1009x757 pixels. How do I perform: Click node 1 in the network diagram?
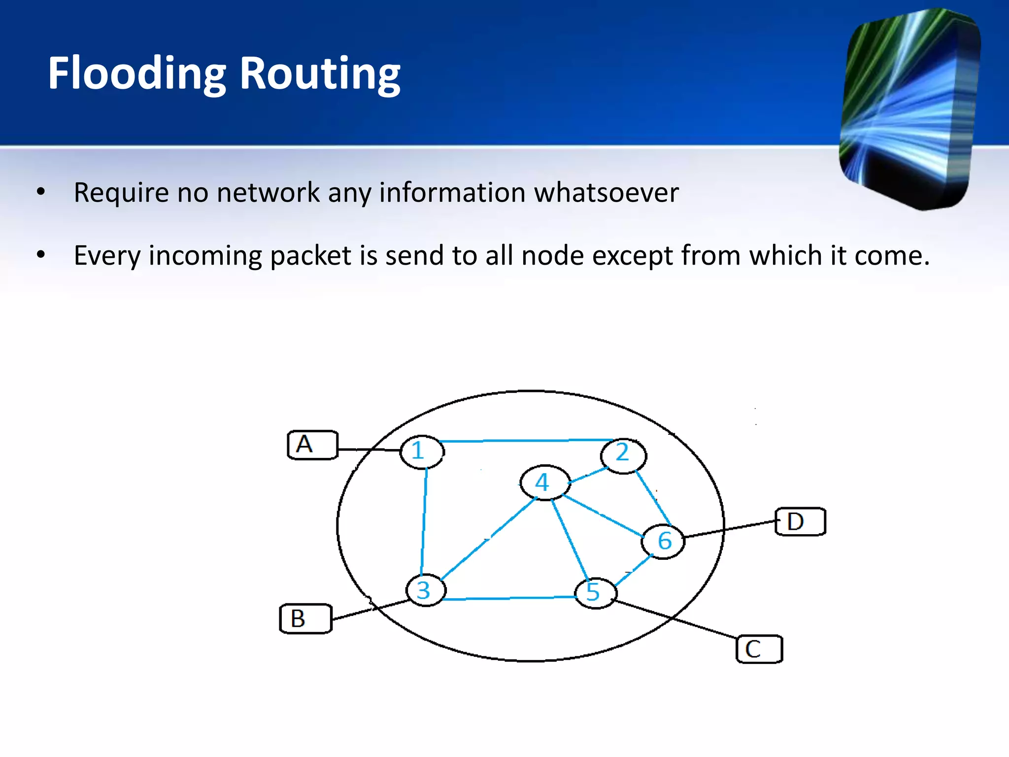422,451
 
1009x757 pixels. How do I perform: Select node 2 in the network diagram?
623,455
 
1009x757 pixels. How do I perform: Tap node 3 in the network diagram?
426,590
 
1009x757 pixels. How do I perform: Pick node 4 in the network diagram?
544,482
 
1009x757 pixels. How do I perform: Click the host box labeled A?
312,445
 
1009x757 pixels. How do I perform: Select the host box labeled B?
305,618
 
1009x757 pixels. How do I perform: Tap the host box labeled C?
759,649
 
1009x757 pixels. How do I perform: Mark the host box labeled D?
800,521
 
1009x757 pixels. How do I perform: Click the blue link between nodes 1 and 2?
525,440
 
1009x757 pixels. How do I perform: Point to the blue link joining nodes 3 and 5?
510,598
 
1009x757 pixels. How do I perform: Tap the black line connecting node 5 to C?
675,619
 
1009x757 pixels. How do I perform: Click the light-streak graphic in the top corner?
909,108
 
